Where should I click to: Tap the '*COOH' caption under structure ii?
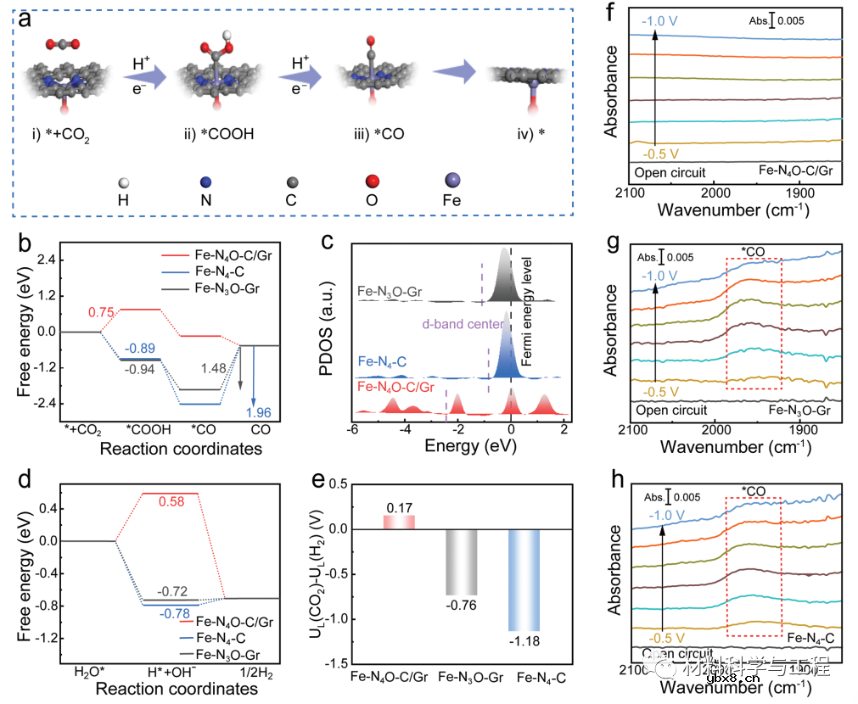(223, 135)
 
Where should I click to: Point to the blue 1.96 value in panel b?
(259, 412)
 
